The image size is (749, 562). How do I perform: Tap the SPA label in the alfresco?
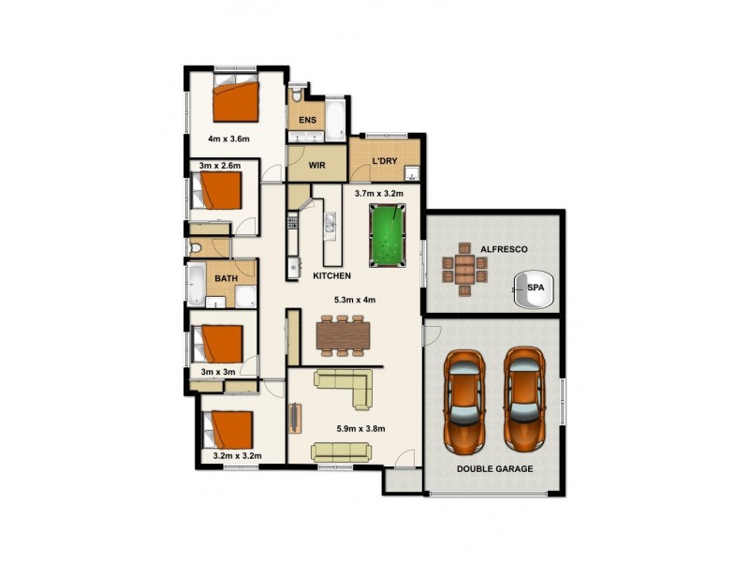(536, 288)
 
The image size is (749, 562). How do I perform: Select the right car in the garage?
(525, 397)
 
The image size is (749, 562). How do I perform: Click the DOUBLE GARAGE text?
(495, 468)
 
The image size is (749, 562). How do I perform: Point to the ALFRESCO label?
(505, 250)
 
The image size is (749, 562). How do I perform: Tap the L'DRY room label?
(385, 162)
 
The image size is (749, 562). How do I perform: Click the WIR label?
(316, 167)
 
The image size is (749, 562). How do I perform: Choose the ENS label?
(307, 121)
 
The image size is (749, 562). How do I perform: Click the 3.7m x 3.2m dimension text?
(378, 194)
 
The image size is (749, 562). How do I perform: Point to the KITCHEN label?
(331, 276)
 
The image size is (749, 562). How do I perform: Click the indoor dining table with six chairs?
(345, 334)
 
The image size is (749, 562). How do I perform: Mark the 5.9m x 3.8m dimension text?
(360, 429)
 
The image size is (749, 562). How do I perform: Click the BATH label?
(227, 279)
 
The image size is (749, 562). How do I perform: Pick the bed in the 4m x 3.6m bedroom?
(234, 101)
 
